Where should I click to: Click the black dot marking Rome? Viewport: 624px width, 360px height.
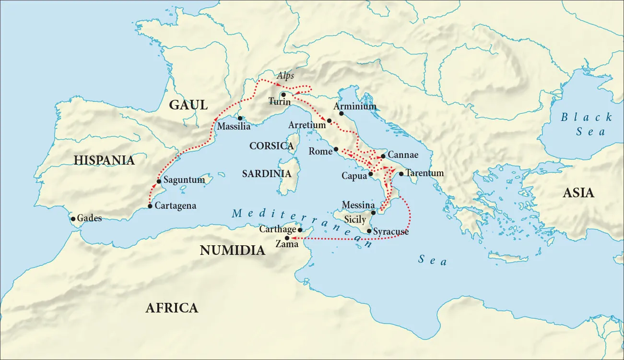pyautogui.click(x=336, y=149)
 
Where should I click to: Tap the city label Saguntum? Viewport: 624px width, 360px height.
pyautogui.click(x=184, y=180)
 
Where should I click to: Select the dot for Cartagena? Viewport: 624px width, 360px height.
pyautogui.click(x=150, y=206)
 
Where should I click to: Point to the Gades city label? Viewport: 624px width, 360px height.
pyautogui.click(x=89, y=218)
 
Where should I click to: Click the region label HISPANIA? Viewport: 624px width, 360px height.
pyautogui.click(x=104, y=160)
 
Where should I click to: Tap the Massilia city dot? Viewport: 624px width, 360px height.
pyautogui.click(x=240, y=118)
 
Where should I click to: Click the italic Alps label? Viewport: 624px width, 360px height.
pyautogui.click(x=285, y=76)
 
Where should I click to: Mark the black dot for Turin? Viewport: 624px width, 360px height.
pyautogui.click(x=283, y=95)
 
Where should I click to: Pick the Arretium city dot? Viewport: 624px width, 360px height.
pyautogui.click(x=329, y=120)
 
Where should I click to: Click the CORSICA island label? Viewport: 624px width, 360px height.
pyautogui.click(x=271, y=146)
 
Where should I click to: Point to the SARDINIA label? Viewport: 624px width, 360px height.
pyautogui.click(x=267, y=174)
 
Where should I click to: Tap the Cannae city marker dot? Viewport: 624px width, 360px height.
pyautogui.click(x=383, y=156)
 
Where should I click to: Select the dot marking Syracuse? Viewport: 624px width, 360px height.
pyautogui.click(x=369, y=231)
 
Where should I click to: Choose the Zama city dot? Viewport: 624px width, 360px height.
pyautogui.click(x=287, y=238)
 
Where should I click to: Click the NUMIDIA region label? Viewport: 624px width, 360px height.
pyautogui.click(x=232, y=251)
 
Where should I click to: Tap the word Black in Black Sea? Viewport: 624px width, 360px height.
pyautogui.click(x=587, y=117)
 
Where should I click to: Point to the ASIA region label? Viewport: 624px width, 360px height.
pyautogui.click(x=578, y=193)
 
